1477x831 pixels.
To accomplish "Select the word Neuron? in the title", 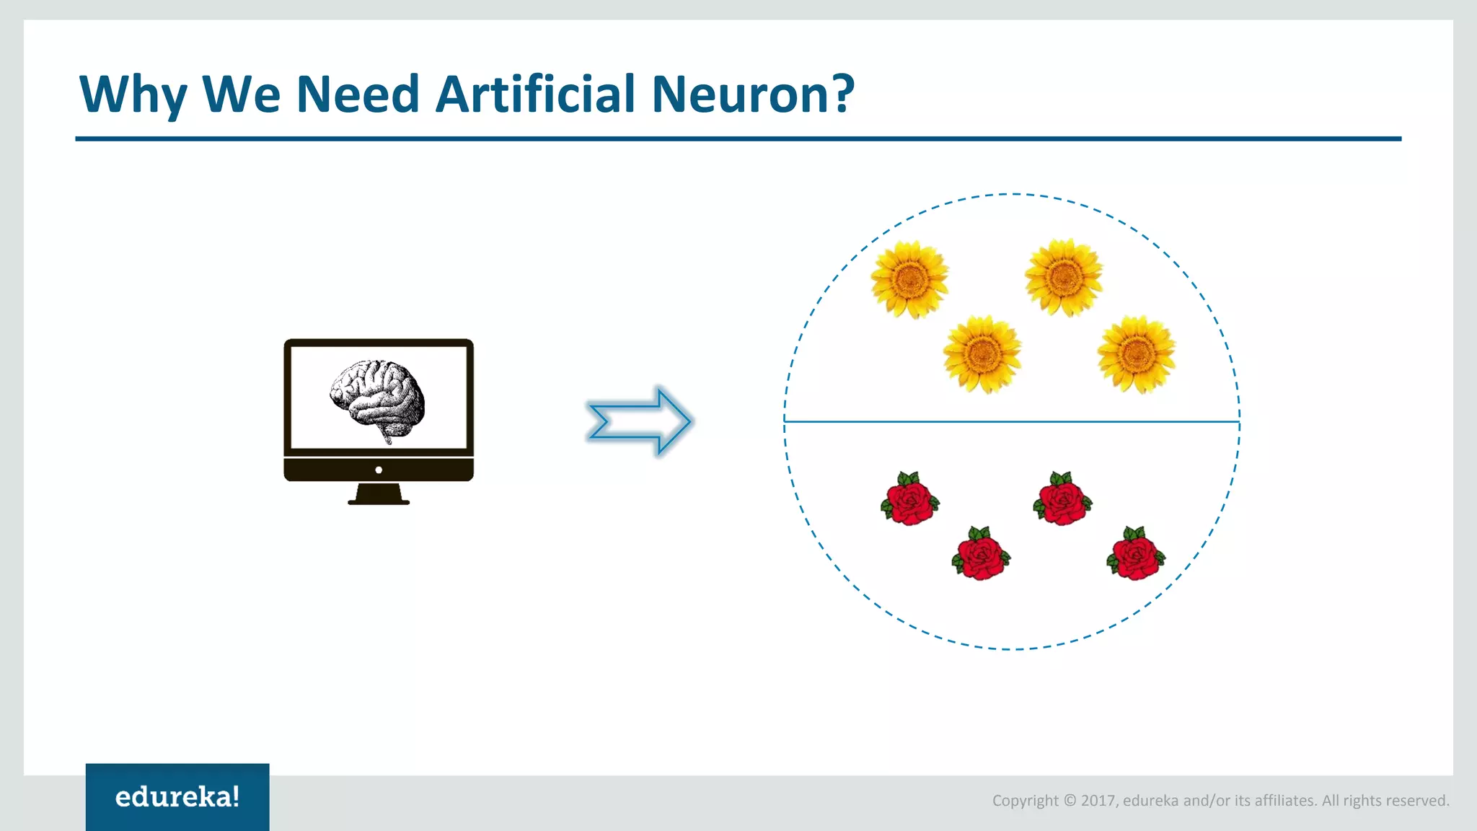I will pyautogui.click(x=753, y=94).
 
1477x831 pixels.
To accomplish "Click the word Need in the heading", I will pyautogui.click(x=358, y=94).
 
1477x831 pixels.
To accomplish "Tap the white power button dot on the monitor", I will pyautogui.click(x=379, y=470).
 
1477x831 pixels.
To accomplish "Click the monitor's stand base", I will pyautogui.click(x=379, y=497).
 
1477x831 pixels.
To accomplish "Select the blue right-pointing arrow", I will pyautogui.click(x=640, y=421).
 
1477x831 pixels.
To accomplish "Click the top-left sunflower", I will pyautogui.click(x=909, y=279).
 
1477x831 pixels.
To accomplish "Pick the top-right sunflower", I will pyautogui.click(x=1064, y=278).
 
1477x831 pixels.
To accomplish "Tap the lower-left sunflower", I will pyautogui.click(x=982, y=353).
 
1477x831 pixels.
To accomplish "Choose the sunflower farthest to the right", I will pyautogui.click(x=1137, y=353).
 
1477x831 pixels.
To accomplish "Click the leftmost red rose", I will pyautogui.click(x=909, y=499).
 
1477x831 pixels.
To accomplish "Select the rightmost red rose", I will pyautogui.click(x=1135, y=554).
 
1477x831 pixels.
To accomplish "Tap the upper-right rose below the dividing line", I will pyautogui.click(x=1062, y=499).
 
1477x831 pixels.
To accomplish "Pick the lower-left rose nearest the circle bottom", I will pyautogui.click(x=981, y=554).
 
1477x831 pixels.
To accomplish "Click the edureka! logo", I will pyautogui.click(x=177, y=796).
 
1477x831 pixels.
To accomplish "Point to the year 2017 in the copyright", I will pyautogui.click(x=1098, y=801).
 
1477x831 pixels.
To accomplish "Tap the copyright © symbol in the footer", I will pyautogui.click(x=1070, y=801).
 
